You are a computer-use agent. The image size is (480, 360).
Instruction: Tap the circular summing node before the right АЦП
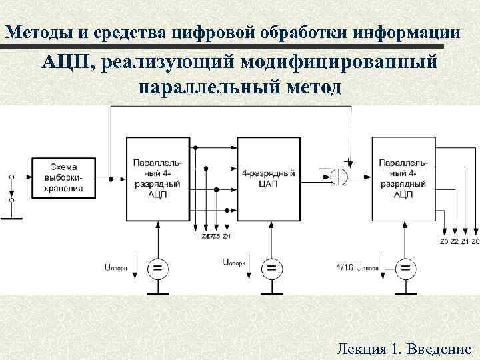(339, 177)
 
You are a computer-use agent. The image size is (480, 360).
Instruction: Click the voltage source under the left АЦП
(157, 269)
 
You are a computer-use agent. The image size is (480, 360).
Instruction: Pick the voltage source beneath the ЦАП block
(271, 269)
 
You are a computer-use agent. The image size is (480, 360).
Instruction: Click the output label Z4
(227, 236)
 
